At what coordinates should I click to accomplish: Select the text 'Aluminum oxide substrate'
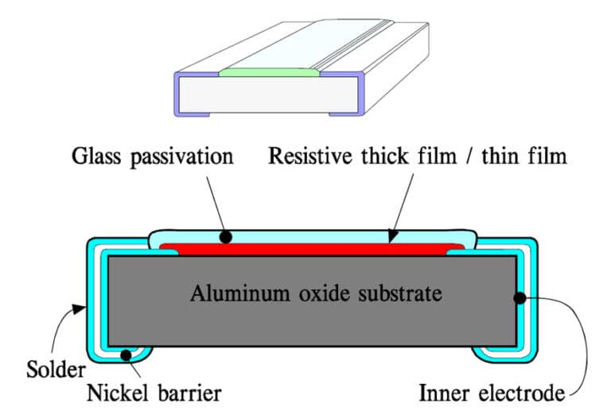click(x=315, y=293)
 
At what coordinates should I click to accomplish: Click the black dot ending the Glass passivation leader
click(x=227, y=237)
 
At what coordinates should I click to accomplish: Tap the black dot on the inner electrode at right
click(x=520, y=299)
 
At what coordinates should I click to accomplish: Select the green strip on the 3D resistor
click(x=270, y=73)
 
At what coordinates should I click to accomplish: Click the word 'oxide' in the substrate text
click(x=302, y=293)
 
